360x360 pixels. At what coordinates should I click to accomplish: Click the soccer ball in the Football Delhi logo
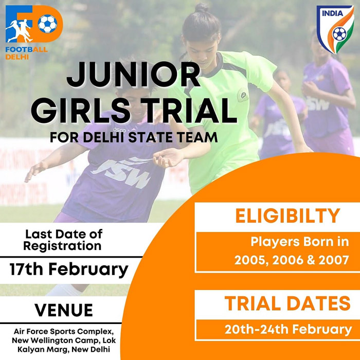(47, 24)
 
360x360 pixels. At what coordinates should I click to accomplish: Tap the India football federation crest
(335, 30)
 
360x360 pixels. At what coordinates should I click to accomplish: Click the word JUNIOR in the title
(134, 75)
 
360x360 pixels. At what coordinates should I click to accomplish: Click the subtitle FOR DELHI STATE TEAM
(134, 137)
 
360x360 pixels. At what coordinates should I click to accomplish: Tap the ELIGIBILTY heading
(287, 216)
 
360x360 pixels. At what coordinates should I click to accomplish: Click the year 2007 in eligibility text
(334, 260)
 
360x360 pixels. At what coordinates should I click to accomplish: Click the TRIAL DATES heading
(287, 303)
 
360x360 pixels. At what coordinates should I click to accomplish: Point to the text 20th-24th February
(288, 330)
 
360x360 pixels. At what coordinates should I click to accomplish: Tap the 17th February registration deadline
(69, 269)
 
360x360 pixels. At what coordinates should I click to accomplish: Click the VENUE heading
(64, 310)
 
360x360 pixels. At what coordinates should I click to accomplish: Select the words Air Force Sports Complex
(64, 331)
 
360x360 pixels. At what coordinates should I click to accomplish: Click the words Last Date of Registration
(64, 240)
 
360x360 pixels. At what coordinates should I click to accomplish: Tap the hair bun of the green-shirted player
(202, 8)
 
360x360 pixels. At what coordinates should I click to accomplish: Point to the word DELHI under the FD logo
(17, 57)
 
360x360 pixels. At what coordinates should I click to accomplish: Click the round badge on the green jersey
(242, 95)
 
